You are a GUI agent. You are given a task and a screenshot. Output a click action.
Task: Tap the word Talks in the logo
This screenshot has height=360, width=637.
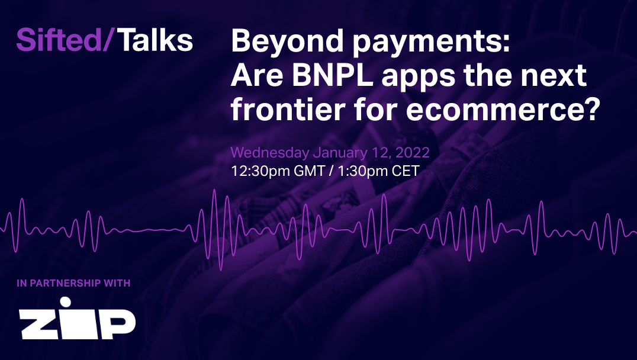[x=155, y=40]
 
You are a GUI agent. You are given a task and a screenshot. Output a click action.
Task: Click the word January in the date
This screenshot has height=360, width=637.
[x=337, y=152]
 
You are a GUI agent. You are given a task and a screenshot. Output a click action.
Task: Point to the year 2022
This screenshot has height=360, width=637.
[x=413, y=152]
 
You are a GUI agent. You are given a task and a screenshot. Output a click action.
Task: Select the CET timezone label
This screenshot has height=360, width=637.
[x=406, y=171]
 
